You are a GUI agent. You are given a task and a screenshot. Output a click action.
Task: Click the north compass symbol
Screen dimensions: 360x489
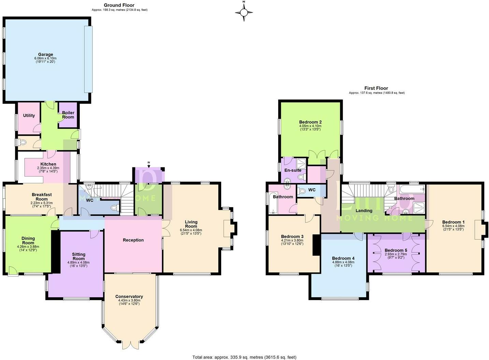(244, 13)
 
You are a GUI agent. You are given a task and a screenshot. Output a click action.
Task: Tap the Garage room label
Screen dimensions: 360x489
(45, 55)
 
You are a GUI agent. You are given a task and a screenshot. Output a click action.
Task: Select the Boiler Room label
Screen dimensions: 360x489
(68, 115)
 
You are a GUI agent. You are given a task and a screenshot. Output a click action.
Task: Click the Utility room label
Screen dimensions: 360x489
(29, 116)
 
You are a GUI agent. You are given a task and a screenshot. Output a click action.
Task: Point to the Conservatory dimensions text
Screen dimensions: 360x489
(129, 302)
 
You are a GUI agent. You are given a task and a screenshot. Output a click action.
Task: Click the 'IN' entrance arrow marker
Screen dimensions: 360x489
(149, 165)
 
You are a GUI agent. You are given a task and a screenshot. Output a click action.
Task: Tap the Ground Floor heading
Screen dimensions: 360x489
(119, 5)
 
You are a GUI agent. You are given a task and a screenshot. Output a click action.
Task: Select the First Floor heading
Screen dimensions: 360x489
(376, 88)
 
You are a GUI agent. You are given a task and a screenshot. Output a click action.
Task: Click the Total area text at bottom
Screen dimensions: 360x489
(244, 357)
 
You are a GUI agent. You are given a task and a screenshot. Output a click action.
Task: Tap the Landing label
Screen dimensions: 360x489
(364, 211)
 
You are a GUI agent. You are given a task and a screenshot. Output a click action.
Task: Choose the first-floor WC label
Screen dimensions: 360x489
(312, 190)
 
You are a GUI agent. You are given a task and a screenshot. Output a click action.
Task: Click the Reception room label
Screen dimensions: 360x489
(133, 240)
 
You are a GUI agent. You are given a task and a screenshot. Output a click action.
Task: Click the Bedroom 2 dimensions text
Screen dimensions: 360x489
(310, 128)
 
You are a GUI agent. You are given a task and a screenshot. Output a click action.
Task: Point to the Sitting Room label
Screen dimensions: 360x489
(78, 256)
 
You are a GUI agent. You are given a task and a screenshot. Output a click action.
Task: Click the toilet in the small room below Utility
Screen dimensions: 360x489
(23, 142)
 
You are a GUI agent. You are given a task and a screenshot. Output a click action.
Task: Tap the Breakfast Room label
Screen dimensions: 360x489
(42, 197)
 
